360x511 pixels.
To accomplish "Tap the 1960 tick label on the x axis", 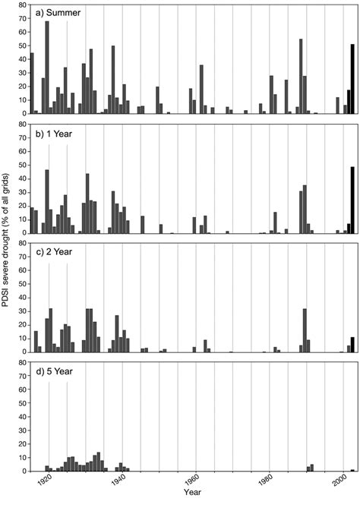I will (194, 481).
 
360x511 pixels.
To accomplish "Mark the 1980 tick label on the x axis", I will (267, 481).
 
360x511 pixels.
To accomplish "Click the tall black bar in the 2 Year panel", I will (352, 345).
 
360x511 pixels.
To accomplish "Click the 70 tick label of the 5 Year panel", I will (19, 364).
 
